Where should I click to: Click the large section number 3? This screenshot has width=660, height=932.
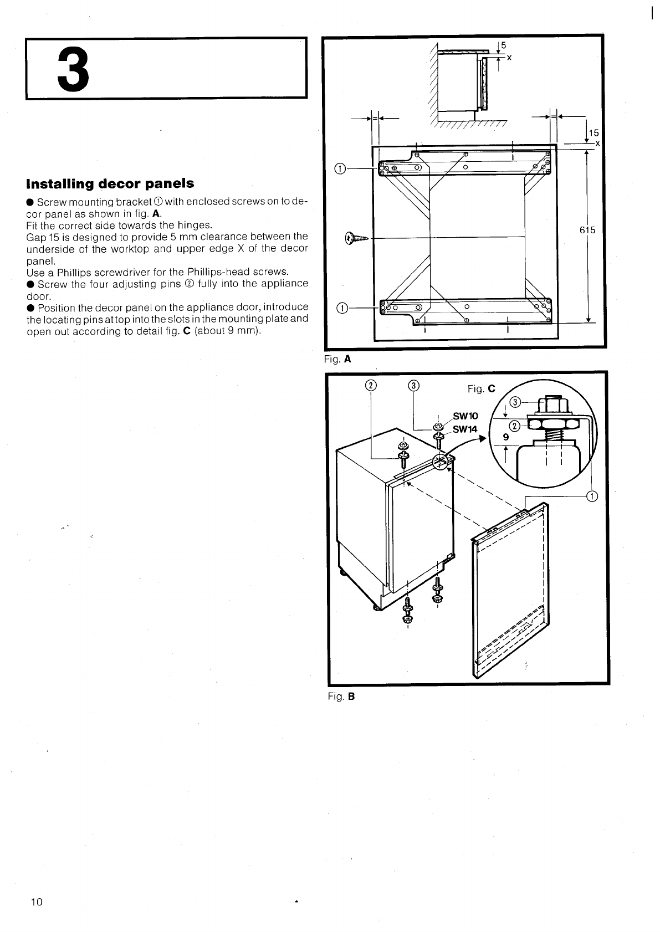click(x=73, y=70)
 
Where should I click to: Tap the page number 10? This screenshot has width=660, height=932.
click(x=37, y=902)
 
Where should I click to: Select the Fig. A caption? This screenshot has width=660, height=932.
click(x=337, y=359)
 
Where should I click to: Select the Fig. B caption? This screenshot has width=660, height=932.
click(x=341, y=697)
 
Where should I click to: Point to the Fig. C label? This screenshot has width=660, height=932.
click(x=481, y=389)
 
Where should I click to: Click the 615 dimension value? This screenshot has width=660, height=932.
click(x=587, y=230)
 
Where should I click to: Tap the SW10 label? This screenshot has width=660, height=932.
click(x=465, y=416)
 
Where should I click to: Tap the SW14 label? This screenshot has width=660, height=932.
click(x=464, y=429)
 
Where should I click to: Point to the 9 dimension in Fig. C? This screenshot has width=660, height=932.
click(x=505, y=437)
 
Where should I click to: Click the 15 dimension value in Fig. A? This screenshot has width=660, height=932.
click(x=594, y=133)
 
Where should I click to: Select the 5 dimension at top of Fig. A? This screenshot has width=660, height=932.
click(x=503, y=45)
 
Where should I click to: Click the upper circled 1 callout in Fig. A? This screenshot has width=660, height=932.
click(x=341, y=168)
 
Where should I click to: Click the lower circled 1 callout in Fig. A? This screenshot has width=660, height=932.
click(x=341, y=308)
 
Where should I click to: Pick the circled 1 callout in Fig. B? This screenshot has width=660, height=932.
click(x=591, y=496)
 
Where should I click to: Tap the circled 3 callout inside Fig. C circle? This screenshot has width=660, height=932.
click(x=514, y=402)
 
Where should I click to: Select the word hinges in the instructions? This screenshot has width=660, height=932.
click(x=194, y=225)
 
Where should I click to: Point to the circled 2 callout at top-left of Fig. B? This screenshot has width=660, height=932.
click(x=370, y=386)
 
